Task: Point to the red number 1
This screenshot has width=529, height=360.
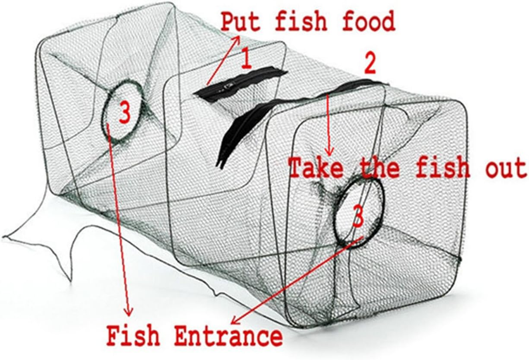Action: (245, 59)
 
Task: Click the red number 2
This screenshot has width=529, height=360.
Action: (369, 65)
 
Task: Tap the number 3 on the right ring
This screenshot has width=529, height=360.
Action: (358, 217)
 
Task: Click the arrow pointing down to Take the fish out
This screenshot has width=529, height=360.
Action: (329, 124)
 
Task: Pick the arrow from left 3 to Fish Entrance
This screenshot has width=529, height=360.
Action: (120, 221)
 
